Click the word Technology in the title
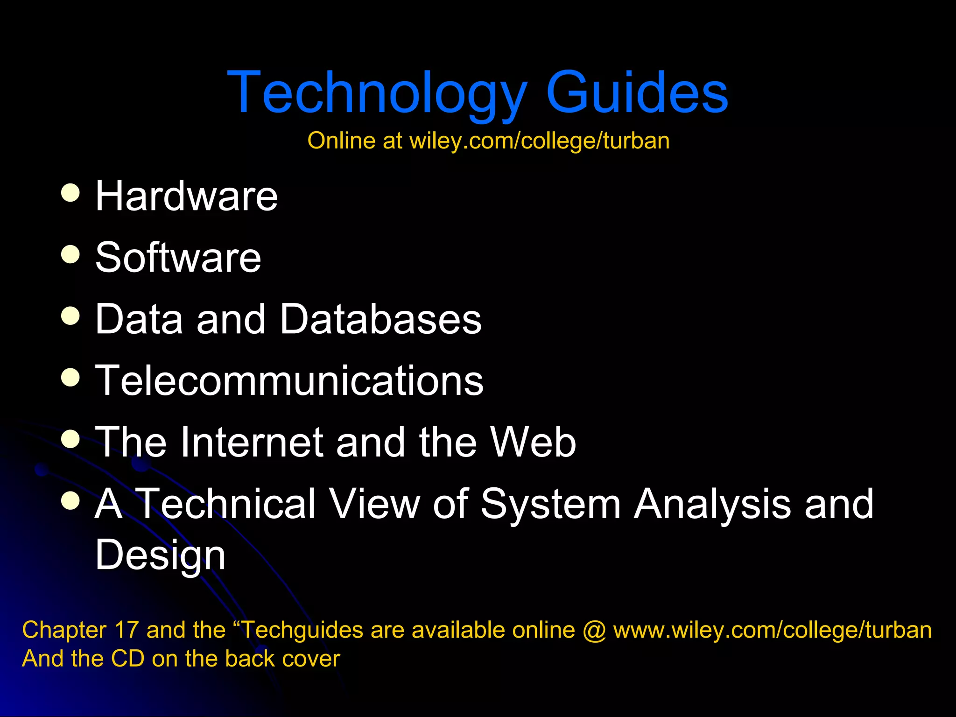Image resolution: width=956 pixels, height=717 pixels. pos(377,92)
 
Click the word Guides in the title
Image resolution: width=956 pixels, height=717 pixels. pos(637,92)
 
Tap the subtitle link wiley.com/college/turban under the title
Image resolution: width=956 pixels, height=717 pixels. pos(539,141)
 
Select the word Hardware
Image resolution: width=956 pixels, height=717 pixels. pos(186,196)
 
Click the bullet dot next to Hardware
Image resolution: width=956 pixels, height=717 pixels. pos(70,192)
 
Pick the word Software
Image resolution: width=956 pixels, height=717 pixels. pos(178,258)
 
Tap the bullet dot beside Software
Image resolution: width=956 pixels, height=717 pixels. pos(70,254)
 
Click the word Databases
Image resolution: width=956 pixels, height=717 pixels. pos(381,319)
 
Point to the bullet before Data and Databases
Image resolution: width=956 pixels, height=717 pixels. pos(70,316)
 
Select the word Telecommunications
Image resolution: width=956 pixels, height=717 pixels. pos(289,381)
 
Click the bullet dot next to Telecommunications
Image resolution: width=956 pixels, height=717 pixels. pos(70,377)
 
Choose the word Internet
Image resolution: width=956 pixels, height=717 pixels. pos(252,442)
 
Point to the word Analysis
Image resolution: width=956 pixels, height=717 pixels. pos(712,504)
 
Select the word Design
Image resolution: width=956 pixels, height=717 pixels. pos(160,555)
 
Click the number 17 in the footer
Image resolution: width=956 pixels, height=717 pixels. pos(126,630)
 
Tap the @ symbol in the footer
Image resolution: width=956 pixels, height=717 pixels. pos(594,631)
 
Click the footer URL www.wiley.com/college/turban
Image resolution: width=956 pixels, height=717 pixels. pos(772,630)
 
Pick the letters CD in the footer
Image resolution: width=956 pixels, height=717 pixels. pos(127,659)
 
